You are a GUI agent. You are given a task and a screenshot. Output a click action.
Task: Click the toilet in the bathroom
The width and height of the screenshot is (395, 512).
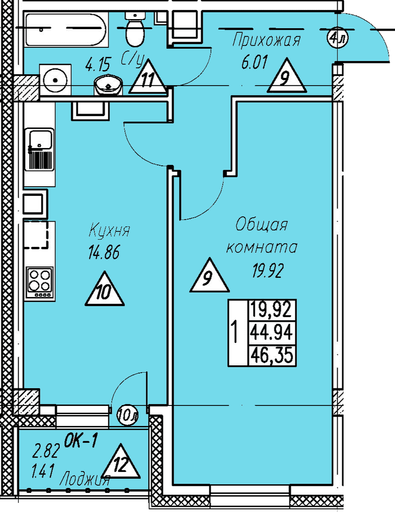135,30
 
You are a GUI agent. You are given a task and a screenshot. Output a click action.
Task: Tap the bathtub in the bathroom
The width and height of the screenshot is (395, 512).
65,30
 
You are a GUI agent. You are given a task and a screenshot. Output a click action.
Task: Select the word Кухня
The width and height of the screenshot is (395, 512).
109,231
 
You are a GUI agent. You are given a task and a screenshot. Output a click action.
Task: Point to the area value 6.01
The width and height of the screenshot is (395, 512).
254,62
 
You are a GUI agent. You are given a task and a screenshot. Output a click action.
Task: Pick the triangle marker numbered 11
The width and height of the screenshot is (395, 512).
148,76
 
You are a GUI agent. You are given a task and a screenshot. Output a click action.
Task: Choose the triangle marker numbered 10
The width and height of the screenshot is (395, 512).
104,288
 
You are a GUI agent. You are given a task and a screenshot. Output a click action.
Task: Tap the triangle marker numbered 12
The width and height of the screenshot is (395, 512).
121,461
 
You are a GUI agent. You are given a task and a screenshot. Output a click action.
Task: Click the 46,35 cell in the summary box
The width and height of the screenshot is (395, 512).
272,356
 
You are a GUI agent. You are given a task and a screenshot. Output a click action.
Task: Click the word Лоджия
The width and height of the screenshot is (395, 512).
85,480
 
